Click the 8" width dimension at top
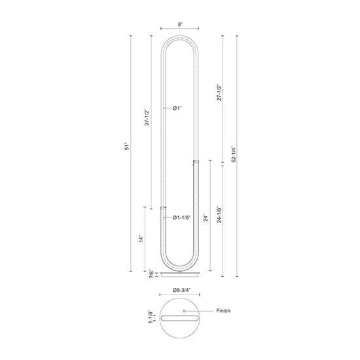pos(179,24)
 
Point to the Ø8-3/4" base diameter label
pos(180,290)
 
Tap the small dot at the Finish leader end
pos(184,311)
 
